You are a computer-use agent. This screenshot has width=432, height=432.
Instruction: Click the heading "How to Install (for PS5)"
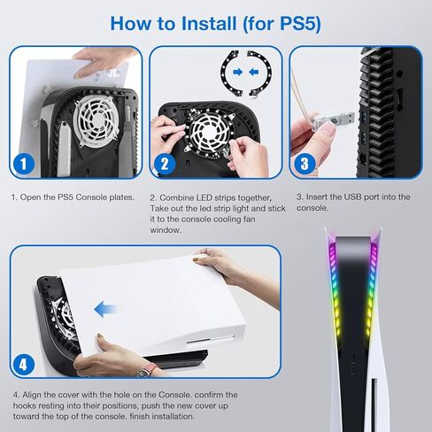point(215,22)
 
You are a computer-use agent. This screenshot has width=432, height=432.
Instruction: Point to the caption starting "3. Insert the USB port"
point(352,202)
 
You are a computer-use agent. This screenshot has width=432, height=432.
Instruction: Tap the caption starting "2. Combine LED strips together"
point(212,213)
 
